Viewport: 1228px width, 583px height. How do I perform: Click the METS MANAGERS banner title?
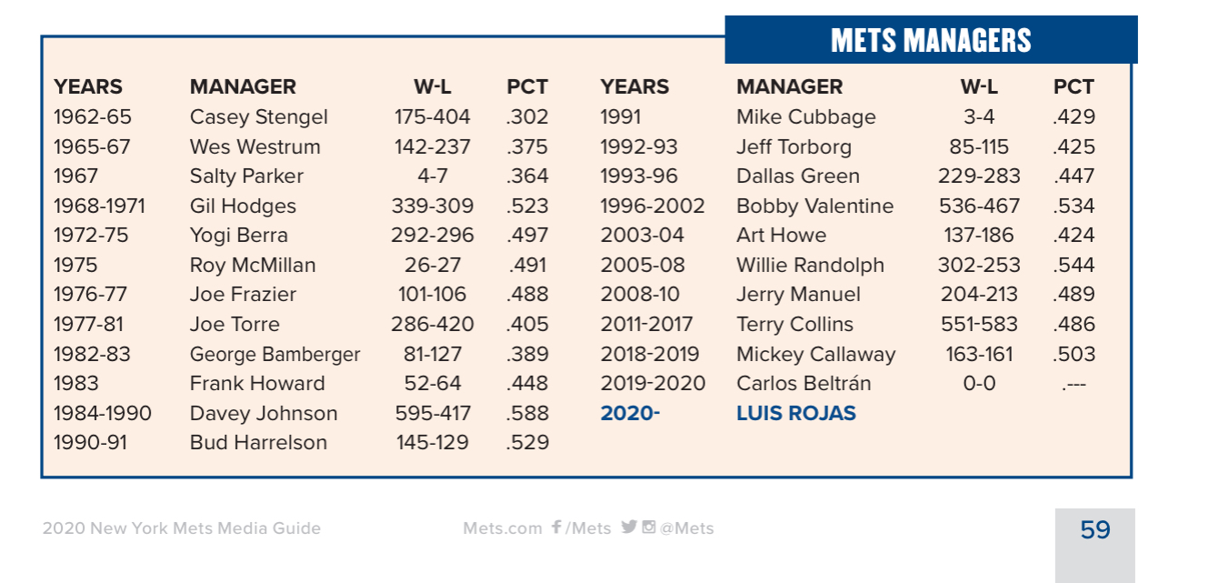point(931,40)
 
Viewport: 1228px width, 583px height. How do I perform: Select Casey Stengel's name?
point(258,117)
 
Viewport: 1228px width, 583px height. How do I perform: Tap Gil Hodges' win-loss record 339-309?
point(433,206)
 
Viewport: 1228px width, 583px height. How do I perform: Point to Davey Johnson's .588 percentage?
point(527,414)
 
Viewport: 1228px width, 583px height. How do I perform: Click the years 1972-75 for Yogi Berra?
point(91,236)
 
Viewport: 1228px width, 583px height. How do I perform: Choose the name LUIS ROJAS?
point(796,414)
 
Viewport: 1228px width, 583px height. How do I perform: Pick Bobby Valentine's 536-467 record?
point(979,206)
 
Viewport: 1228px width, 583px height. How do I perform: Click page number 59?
point(1095,530)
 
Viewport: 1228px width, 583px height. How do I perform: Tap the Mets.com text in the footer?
point(502,528)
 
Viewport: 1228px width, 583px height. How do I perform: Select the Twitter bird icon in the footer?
point(628,527)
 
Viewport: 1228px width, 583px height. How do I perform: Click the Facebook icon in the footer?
point(556,528)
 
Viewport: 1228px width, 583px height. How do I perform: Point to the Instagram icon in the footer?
point(649,527)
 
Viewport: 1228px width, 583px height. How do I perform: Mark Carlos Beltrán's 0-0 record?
point(979,384)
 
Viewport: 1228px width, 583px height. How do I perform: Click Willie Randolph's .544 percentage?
point(1073,266)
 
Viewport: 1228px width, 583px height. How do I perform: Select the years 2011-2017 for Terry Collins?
point(646,325)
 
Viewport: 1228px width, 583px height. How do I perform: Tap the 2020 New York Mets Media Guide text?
point(181,528)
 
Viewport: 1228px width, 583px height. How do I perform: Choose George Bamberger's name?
point(275,355)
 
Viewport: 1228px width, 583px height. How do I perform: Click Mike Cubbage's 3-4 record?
point(979,117)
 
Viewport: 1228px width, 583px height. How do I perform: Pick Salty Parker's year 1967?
point(75,176)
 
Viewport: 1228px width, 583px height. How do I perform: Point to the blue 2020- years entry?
point(630,414)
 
